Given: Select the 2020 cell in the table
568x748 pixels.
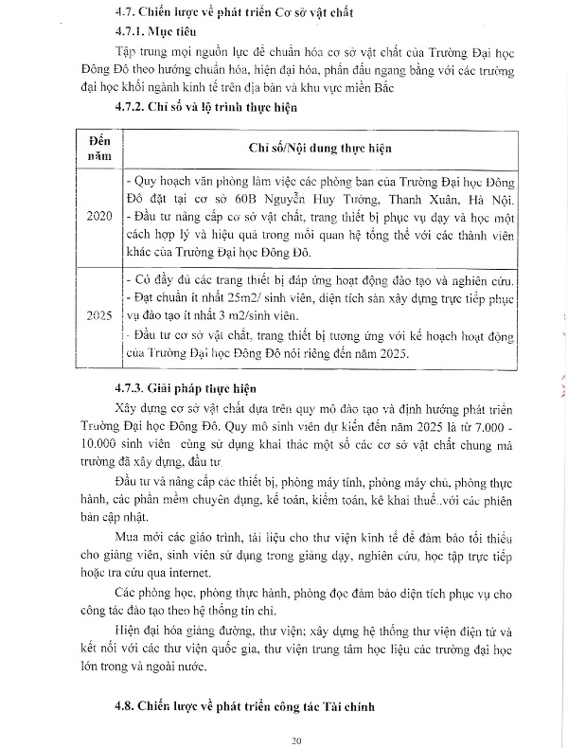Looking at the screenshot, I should (98, 218).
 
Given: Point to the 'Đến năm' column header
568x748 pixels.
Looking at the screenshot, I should (98, 149).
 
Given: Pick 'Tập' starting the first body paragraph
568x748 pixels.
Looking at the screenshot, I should (126, 48).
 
